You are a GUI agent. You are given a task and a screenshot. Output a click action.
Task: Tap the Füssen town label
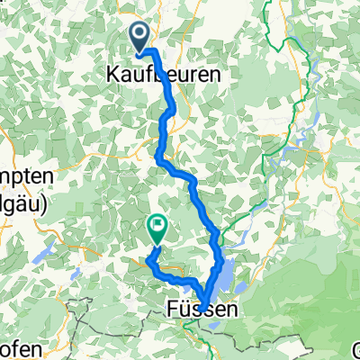[203, 310]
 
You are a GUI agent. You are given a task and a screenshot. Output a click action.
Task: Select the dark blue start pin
[142, 37]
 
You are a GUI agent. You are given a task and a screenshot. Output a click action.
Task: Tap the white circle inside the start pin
[142, 34]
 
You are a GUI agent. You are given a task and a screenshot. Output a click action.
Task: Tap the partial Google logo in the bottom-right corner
[355, 349]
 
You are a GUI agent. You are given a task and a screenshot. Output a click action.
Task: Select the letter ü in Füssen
[185, 310]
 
